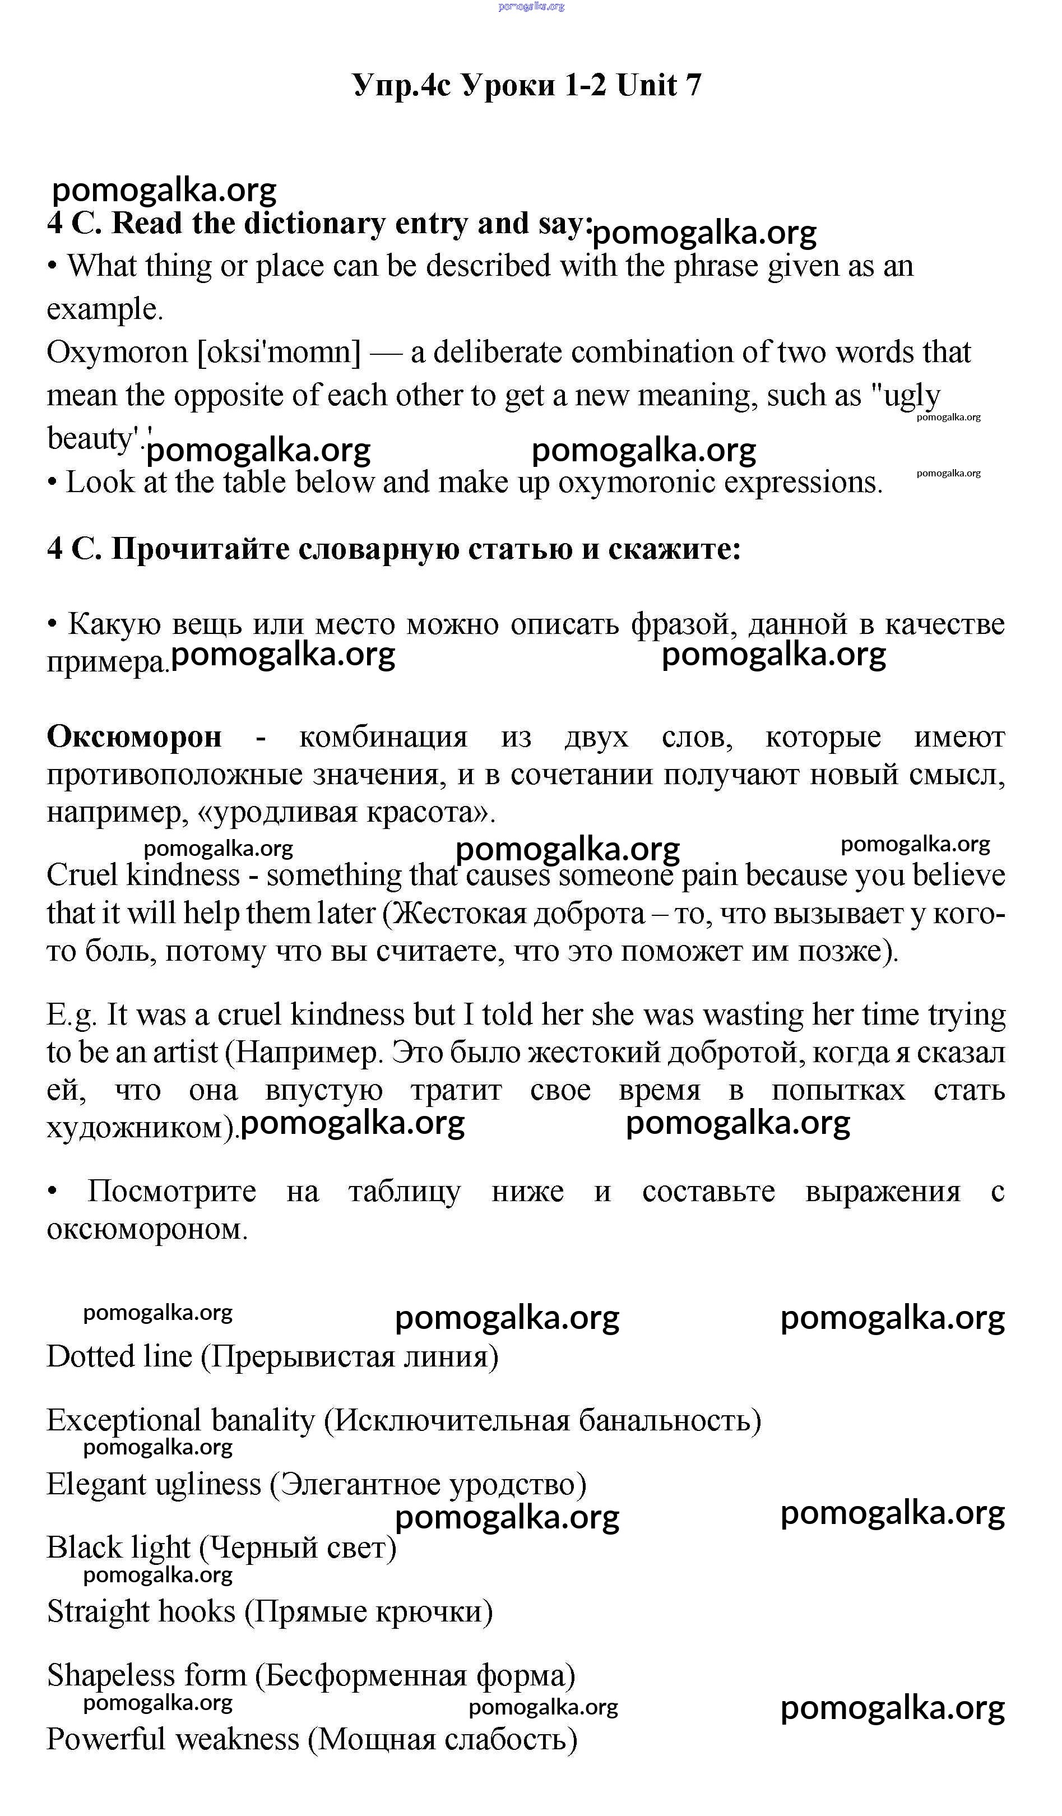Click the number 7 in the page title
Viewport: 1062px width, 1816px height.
692,86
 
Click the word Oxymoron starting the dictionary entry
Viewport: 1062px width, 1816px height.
117,353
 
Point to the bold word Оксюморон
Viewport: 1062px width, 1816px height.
134,736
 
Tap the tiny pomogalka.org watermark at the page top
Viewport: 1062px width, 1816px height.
531,7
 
